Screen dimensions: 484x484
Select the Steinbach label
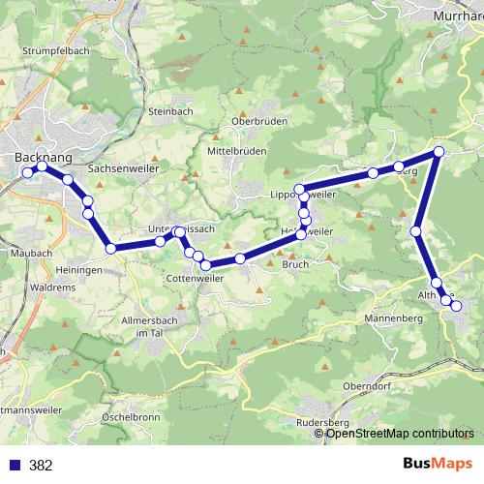click(172, 111)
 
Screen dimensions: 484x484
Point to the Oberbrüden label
click(256, 122)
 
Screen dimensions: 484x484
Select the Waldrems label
click(52, 287)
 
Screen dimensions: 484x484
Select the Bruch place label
click(294, 263)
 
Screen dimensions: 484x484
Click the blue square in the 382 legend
click(15, 465)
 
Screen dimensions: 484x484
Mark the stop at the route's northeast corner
click(439, 152)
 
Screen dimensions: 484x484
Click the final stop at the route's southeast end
click(456, 307)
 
